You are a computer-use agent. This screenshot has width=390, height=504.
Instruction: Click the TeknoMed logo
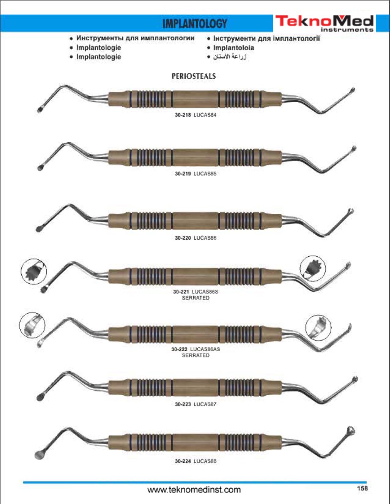click(x=325, y=23)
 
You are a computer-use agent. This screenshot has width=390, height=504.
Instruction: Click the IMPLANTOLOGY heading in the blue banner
click(x=195, y=24)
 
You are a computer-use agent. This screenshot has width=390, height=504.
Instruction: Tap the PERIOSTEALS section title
click(x=194, y=76)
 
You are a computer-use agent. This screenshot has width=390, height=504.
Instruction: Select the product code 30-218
click(x=183, y=115)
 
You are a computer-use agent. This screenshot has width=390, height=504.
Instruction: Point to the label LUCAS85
click(x=205, y=173)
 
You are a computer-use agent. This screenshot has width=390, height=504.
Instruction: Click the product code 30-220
click(x=183, y=238)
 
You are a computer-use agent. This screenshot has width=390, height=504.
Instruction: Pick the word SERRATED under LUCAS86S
click(x=196, y=298)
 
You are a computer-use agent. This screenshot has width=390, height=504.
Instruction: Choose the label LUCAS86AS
click(x=205, y=349)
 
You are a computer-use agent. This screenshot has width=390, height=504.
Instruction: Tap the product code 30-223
click(x=183, y=404)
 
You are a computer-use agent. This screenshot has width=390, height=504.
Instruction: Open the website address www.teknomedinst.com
click(x=194, y=490)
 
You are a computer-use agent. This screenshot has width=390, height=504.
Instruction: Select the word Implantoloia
click(x=233, y=48)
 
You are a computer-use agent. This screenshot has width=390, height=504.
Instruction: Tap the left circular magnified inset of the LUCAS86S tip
click(x=34, y=271)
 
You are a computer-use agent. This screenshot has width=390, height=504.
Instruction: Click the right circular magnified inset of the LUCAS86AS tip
click(x=318, y=328)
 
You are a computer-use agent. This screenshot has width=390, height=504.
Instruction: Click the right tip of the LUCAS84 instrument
click(x=352, y=90)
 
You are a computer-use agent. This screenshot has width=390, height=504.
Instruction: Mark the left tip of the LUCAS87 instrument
click(x=40, y=398)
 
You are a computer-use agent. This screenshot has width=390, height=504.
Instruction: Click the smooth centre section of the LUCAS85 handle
click(x=195, y=158)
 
